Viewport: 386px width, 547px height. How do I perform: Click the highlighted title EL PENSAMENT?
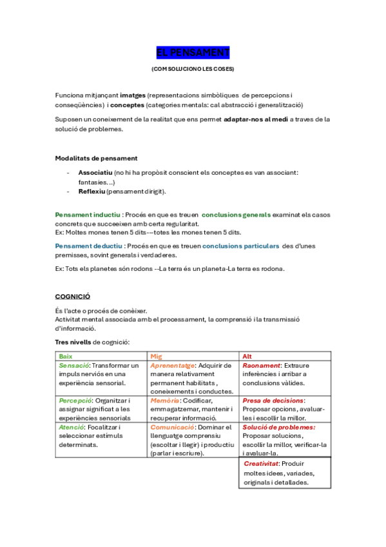click(193, 52)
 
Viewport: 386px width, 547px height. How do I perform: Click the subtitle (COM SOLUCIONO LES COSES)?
click(193, 68)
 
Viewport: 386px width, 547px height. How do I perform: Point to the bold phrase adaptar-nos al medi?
click(255, 119)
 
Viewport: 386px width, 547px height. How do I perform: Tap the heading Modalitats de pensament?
click(96, 158)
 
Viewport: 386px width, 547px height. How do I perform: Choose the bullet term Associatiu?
click(95, 173)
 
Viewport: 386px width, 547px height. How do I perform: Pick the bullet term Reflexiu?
click(92, 192)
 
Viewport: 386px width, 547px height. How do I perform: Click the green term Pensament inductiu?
click(88, 214)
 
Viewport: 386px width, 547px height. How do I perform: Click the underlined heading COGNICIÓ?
click(72, 296)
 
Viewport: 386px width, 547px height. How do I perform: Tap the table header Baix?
click(66, 356)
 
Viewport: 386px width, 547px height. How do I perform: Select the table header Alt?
click(247, 356)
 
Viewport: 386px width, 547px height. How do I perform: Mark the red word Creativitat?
click(262, 464)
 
